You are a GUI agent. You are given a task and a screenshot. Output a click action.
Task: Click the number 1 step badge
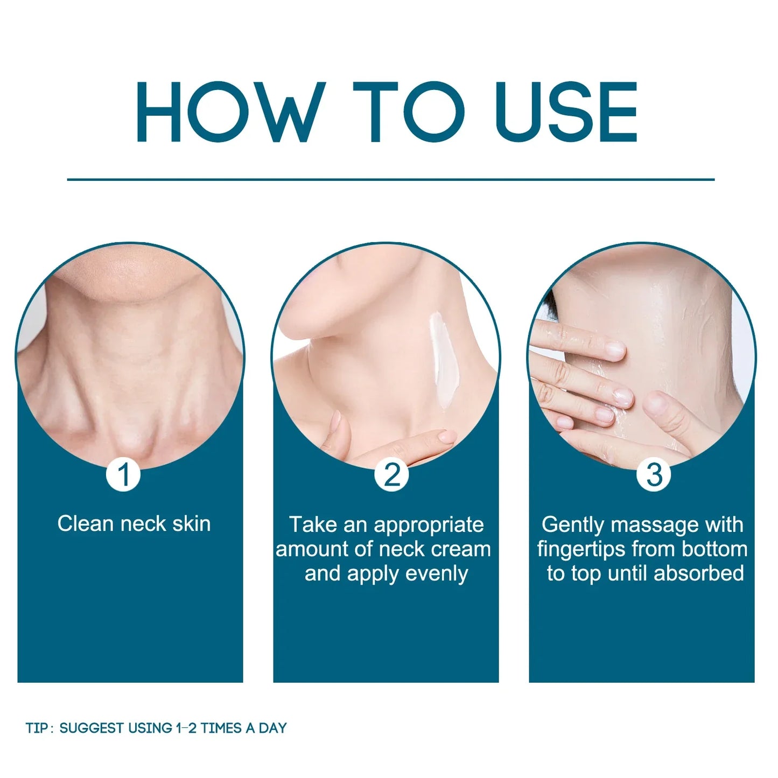coord(123,475)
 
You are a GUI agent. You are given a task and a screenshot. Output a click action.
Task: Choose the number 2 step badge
coord(391,475)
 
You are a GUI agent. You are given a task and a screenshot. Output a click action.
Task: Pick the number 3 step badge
coord(655,475)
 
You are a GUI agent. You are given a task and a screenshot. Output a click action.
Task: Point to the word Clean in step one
coord(86,524)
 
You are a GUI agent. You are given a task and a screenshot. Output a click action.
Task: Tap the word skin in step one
coord(191,524)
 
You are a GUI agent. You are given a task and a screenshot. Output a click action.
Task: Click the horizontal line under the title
coord(390,179)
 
